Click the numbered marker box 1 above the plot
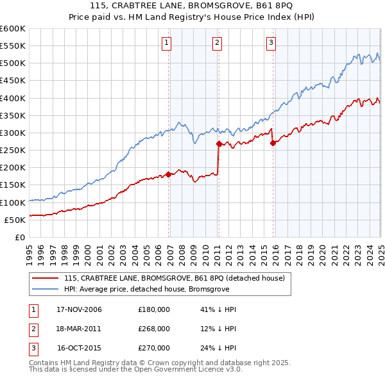click(x=166, y=43)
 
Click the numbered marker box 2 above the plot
click(x=218, y=43)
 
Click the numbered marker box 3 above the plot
click(x=271, y=43)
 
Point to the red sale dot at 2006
click(x=169, y=174)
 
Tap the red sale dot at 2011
click(x=219, y=144)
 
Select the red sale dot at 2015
click(x=273, y=143)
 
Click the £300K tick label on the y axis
click(x=12, y=133)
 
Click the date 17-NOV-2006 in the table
click(x=79, y=309)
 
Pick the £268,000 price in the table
click(x=154, y=329)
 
